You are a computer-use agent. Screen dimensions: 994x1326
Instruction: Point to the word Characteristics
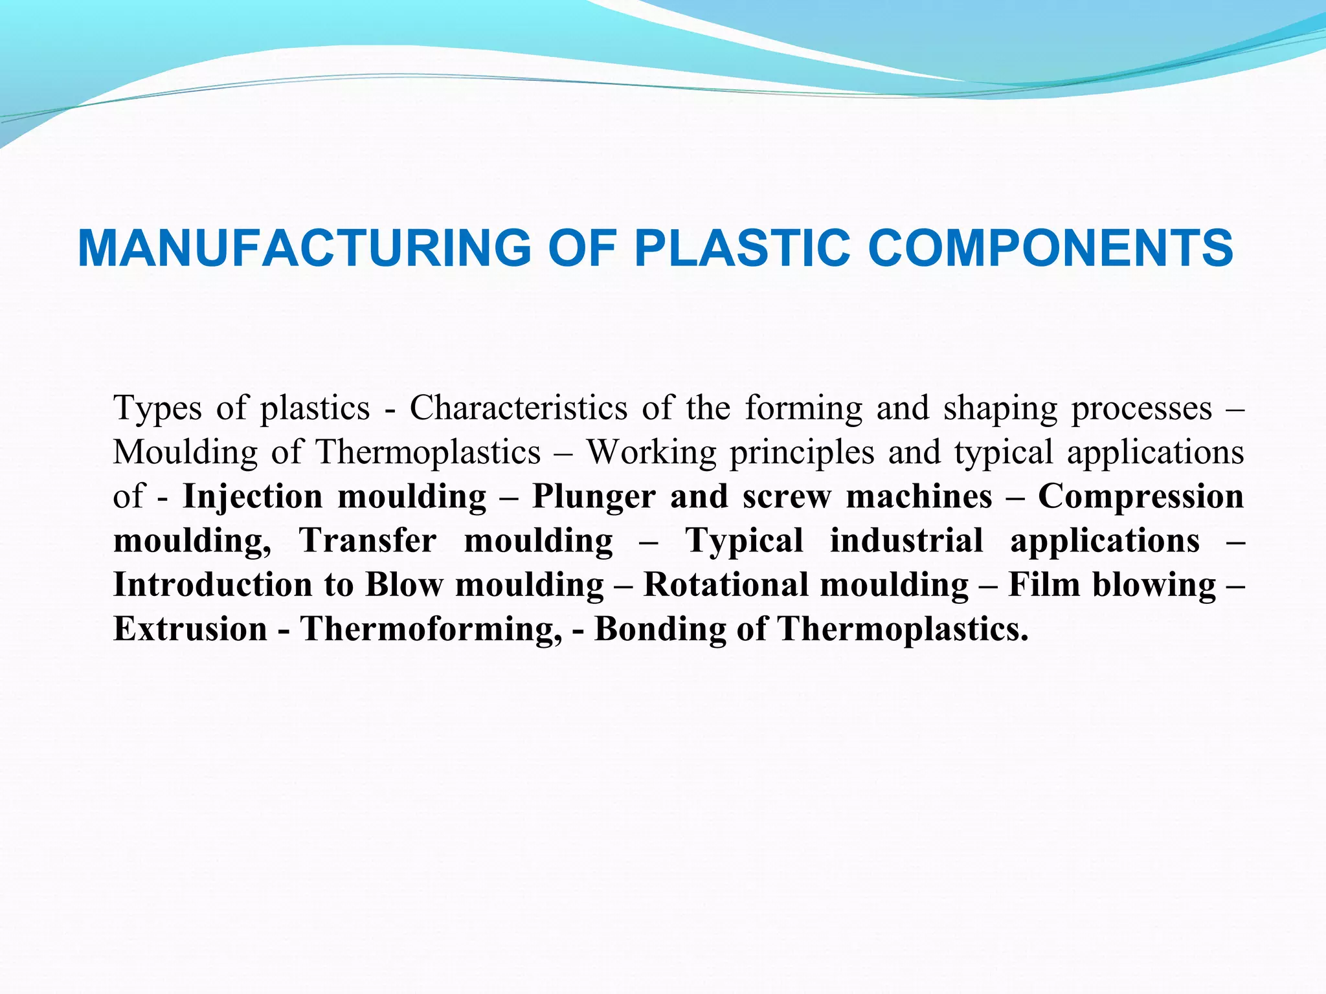click(x=519, y=408)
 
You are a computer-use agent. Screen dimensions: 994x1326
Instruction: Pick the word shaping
click(x=1000, y=409)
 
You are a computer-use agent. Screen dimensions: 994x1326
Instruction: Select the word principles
click(x=802, y=453)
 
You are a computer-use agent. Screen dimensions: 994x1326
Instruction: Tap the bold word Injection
click(x=253, y=497)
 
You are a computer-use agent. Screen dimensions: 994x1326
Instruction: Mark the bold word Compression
click(x=1141, y=497)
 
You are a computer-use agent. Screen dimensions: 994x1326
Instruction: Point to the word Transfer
click(x=367, y=540)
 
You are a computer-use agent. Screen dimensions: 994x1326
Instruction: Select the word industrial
click(x=906, y=540)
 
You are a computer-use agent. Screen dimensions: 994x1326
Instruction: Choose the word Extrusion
click(x=190, y=628)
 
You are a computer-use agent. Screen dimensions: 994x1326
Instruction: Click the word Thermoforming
click(x=431, y=629)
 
